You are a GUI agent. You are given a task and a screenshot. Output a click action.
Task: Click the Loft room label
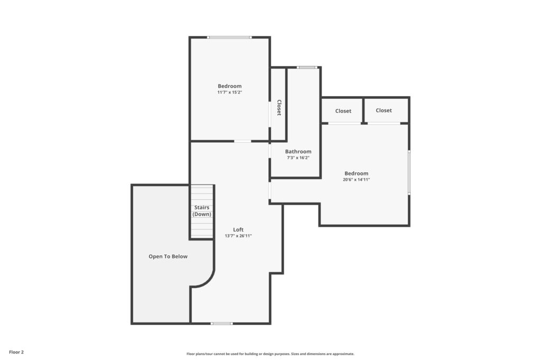tap(238, 229)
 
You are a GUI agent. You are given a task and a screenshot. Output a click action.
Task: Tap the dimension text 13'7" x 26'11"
tap(238, 236)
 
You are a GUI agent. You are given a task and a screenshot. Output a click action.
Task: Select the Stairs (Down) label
tap(202, 211)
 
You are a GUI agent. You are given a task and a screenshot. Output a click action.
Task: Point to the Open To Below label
tap(168, 256)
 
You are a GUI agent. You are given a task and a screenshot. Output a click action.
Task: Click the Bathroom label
tap(298, 152)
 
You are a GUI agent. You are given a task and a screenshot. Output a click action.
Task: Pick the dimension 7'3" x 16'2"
tap(298, 158)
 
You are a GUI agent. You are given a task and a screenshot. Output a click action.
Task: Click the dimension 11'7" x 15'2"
tap(230, 92)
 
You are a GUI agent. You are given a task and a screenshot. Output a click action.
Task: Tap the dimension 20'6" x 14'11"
tap(356, 180)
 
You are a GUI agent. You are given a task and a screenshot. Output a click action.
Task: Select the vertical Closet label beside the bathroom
tap(279, 108)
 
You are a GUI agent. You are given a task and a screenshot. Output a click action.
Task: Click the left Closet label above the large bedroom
tap(343, 111)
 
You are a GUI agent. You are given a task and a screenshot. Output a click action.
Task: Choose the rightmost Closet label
tap(384, 110)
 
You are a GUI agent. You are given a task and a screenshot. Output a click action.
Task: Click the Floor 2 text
tap(16, 352)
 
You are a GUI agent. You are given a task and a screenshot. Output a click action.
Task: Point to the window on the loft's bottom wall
tap(221, 323)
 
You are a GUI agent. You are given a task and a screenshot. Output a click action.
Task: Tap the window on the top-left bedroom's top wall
tap(229, 37)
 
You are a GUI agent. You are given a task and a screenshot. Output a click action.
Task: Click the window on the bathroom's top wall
tap(307, 67)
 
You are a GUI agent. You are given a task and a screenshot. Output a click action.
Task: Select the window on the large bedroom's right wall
tap(409, 172)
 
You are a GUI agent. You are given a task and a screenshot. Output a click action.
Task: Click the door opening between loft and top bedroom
tap(242, 141)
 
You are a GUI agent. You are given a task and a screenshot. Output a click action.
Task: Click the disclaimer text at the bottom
tap(270, 354)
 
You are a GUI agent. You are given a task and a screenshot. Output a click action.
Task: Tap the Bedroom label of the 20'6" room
tap(356, 173)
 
